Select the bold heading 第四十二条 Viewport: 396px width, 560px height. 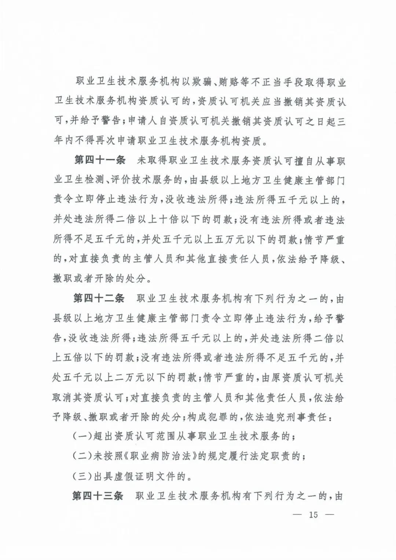[99, 298]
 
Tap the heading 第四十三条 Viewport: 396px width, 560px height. [98, 496]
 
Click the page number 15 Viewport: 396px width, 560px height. [313, 514]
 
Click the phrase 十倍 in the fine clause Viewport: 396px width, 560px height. [169, 220]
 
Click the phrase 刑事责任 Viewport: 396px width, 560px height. [306, 417]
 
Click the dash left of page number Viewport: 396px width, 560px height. [298, 514]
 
